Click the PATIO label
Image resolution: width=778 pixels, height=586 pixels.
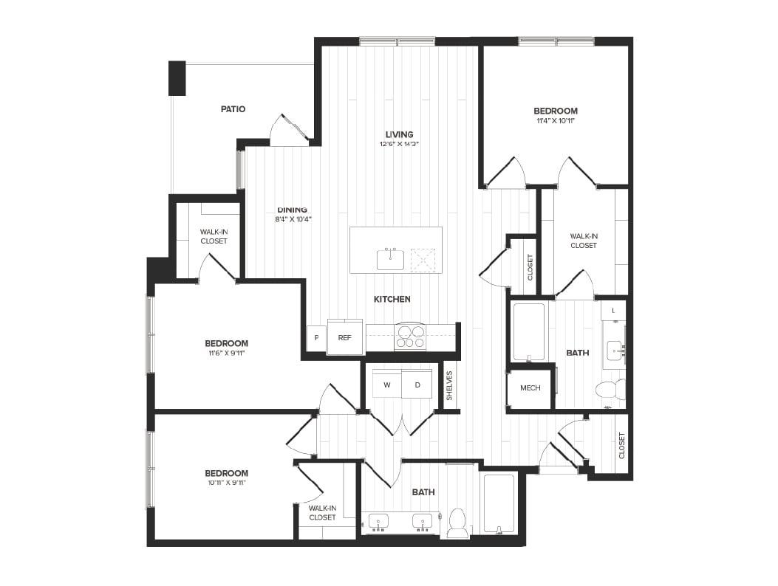point(233,109)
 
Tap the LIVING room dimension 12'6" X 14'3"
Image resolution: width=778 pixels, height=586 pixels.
point(399,144)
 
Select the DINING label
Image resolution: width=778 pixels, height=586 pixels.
point(292,210)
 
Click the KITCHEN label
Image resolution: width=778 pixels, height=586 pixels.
point(392,299)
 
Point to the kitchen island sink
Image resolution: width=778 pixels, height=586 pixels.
point(390,260)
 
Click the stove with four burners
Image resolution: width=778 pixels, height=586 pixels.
point(410,337)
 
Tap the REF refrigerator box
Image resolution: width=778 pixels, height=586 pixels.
point(344,337)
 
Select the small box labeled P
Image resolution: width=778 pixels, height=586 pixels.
point(316,338)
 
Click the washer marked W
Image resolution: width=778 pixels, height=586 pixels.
point(386,385)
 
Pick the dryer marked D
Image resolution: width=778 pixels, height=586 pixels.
point(417,385)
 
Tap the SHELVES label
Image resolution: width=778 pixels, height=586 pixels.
point(449,384)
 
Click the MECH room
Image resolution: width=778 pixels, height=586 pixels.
point(530,388)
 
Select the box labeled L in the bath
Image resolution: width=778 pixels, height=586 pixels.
point(612,311)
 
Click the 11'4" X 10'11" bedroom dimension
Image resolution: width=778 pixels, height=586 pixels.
point(555,120)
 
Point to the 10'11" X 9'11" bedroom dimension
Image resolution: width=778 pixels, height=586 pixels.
point(226,483)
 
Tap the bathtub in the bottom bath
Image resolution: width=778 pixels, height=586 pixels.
point(499,503)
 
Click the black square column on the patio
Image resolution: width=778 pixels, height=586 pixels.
point(177,78)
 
